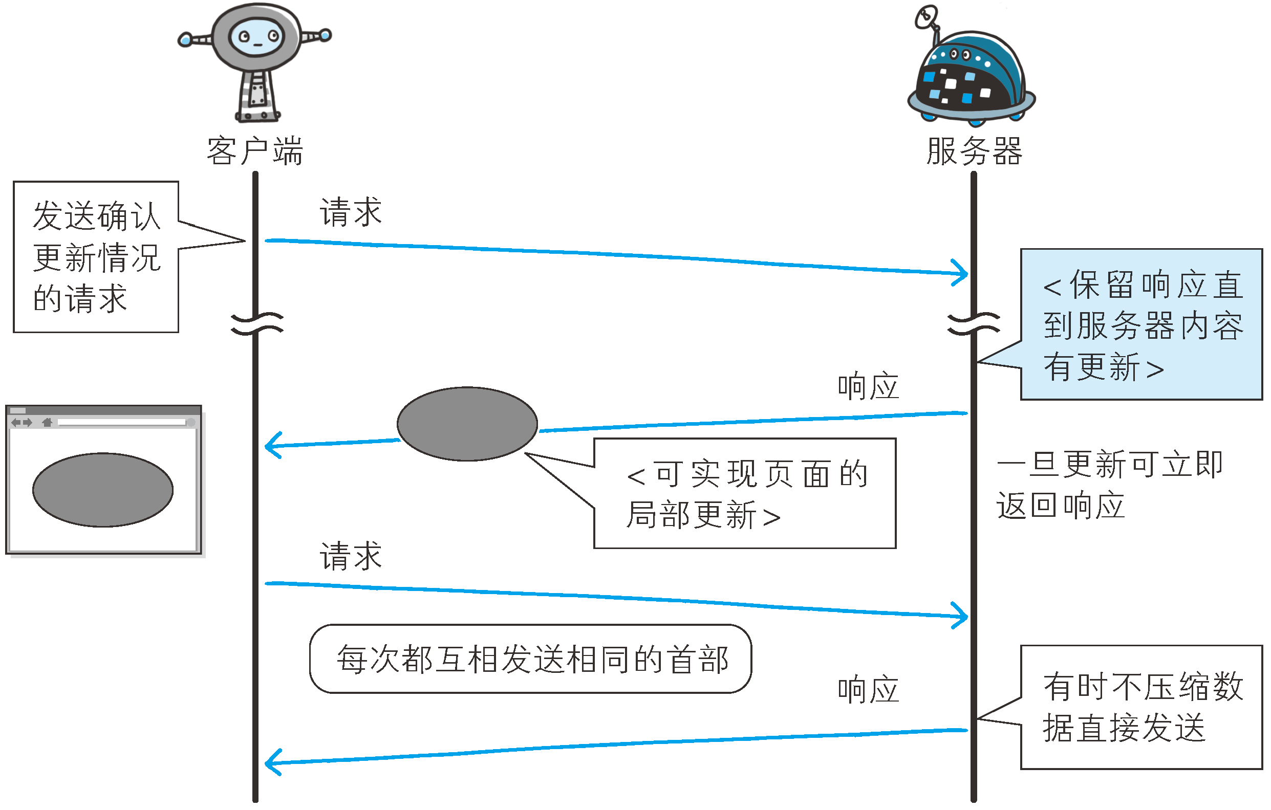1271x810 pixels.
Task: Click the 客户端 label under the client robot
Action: click(x=255, y=151)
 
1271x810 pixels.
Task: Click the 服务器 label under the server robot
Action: click(x=974, y=151)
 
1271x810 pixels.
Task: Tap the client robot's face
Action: click(x=257, y=37)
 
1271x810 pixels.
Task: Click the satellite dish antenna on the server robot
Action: click(x=927, y=17)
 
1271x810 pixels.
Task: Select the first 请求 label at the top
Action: click(x=351, y=212)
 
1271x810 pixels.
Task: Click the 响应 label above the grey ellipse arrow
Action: click(x=869, y=386)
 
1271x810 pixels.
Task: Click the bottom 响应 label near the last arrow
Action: click(x=869, y=689)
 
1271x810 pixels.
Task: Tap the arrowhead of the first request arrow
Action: click(x=964, y=273)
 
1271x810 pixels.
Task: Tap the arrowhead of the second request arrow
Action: click(x=964, y=616)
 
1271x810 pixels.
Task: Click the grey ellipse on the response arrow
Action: click(x=467, y=424)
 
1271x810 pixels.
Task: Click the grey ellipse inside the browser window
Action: click(x=103, y=490)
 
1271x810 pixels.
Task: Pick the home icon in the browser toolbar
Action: click(x=47, y=422)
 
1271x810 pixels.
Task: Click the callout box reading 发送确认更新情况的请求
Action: click(x=96, y=257)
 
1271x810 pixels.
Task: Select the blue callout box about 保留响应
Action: click(x=1141, y=324)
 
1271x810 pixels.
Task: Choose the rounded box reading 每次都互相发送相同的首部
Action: click(x=530, y=659)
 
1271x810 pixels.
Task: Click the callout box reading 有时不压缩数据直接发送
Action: click(x=1141, y=707)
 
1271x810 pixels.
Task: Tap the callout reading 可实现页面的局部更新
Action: click(x=745, y=493)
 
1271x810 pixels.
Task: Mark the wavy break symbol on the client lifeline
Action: click(x=257, y=324)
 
